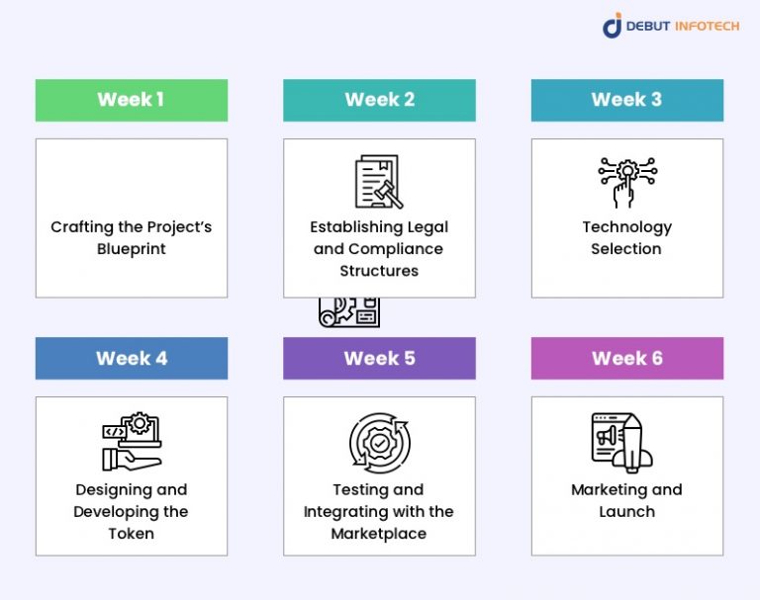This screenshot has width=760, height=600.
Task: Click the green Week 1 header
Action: click(x=132, y=100)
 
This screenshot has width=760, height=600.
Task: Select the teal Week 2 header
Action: click(x=379, y=100)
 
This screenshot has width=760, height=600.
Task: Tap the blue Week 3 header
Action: click(x=626, y=100)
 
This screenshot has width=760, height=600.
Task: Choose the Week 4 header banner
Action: click(x=132, y=358)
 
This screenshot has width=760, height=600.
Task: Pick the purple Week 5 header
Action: click(x=379, y=358)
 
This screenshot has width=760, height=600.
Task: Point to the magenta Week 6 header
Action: click(x=626, y=358)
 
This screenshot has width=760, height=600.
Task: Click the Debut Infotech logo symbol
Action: click(x=613, y=26)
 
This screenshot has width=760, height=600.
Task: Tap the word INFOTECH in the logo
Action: click(x=706, y=26)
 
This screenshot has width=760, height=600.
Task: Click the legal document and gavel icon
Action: click(x=378, y=182)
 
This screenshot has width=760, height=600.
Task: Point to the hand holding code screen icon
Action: click(x=132, y=442)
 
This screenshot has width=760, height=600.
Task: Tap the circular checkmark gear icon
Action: click(x=379, y=442)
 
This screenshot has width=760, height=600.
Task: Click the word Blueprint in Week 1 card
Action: click(x=132, y=249)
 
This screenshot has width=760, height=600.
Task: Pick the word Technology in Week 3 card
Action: click(x=626, y=227)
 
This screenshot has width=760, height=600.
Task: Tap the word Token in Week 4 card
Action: click(x=132, y=534)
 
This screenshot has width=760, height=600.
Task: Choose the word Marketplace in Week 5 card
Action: click(x=379, y=534)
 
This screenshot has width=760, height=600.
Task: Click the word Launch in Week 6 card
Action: click(x=626, y=512)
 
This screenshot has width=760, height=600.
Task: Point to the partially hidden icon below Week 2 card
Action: click(x=349, y=312)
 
